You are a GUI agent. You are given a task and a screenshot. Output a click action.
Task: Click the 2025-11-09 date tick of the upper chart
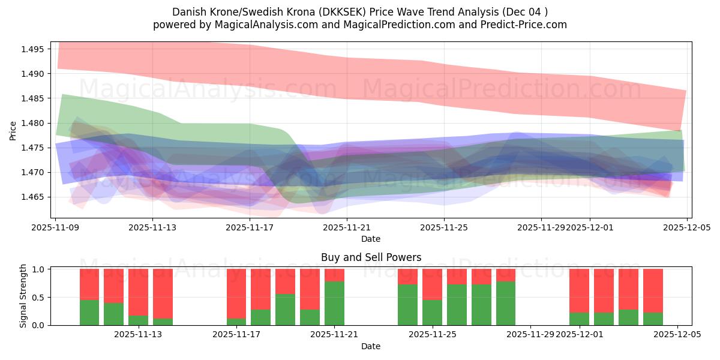click(x=55, y=227)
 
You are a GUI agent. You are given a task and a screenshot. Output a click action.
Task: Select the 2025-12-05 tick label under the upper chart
click(x=686, y=227)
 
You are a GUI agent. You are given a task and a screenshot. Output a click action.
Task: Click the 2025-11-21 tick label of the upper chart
click(x=347, y=227)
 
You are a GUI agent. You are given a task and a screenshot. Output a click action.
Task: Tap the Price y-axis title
click(x=13, y=130)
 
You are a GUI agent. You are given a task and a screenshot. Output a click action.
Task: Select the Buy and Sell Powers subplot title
click(x=371, y=257)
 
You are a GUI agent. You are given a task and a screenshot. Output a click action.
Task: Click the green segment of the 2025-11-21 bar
click(x=334, y=303)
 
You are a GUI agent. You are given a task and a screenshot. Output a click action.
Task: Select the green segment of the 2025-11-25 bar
click(x=432, y=312)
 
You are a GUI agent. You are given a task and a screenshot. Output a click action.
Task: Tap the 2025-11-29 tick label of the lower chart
click(x=530, y=335)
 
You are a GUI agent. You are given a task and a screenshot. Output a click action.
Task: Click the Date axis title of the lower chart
click(x=371, y=346)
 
